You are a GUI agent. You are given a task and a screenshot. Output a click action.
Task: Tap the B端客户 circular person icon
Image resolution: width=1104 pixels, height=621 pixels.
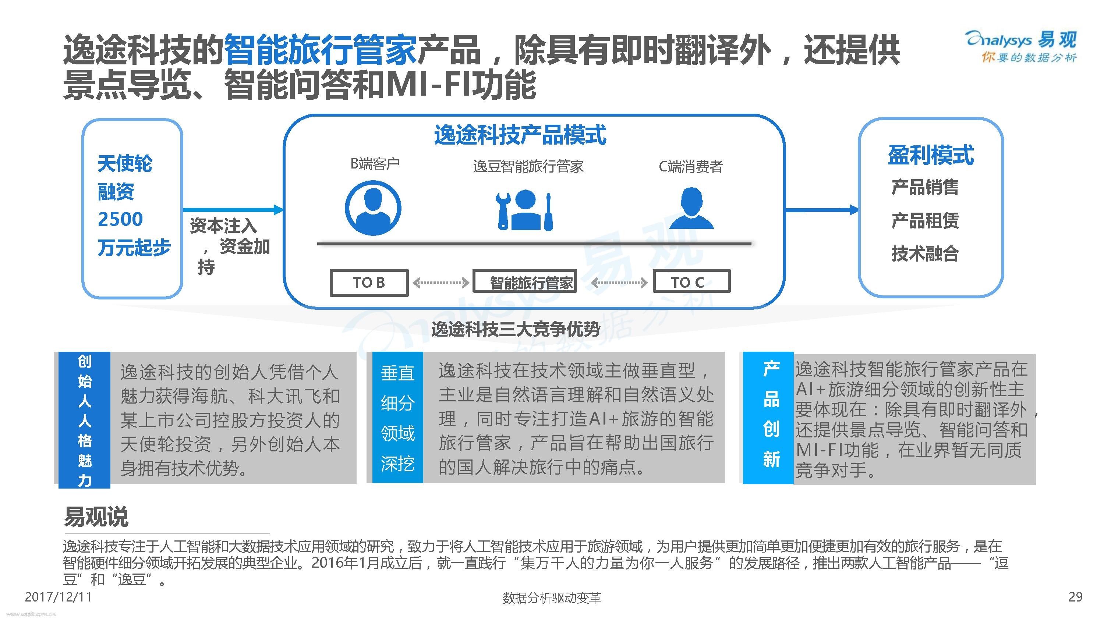[373, 208]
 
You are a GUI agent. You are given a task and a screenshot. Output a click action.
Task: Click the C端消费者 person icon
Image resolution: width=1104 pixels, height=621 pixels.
[691, 208]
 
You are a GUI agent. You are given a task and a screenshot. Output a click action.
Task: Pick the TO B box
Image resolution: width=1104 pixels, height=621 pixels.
[369, 283]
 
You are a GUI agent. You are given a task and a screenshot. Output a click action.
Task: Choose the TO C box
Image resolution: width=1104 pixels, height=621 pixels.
[691, 281]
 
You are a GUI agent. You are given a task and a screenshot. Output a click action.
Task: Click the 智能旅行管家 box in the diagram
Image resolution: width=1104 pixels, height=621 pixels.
[524, 281]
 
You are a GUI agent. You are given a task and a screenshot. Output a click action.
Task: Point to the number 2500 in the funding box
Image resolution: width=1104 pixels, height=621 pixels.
[120, 219]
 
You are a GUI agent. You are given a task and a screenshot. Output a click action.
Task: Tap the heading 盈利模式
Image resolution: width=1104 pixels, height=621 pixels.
[931, 155]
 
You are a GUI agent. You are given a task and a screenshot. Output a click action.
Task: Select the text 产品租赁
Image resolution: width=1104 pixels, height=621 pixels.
[925, 220]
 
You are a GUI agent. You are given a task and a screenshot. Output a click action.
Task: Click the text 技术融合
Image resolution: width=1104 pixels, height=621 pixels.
[925, 253]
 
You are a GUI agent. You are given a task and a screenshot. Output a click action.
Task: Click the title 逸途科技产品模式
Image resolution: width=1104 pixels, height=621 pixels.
[520, 135]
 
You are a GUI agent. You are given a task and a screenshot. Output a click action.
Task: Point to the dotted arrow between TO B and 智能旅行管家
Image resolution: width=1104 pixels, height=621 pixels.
[440, 283]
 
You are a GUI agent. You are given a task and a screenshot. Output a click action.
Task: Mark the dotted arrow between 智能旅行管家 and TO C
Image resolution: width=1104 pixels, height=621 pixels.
[619, 283]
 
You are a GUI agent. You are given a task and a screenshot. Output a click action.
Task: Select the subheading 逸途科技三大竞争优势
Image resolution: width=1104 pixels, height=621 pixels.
[516, 329]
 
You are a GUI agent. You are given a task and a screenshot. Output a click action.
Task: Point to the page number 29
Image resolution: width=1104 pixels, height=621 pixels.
[1076, 597]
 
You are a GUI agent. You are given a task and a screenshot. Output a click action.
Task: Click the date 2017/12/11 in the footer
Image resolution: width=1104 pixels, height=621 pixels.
[58, 597]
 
